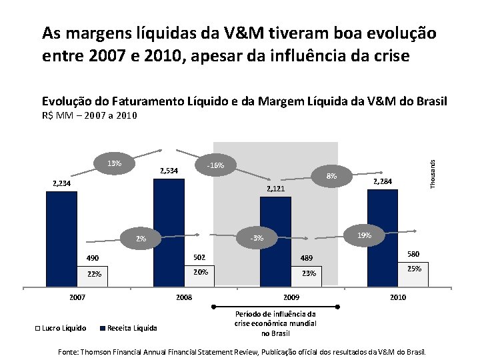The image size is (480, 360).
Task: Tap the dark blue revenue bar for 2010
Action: tap(383, 227)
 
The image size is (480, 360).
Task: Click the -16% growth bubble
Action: tap(215, 166)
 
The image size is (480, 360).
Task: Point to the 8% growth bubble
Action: tap(331, 176)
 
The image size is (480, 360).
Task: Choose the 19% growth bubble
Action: tap(364, 235)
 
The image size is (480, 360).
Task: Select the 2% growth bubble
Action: tap(141, 239)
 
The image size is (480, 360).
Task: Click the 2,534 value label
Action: tap(169, 171)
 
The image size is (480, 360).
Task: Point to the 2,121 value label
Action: tap(276, 189)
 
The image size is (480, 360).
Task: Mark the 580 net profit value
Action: tap(413, 254)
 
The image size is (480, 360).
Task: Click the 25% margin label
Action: tap(413, 269)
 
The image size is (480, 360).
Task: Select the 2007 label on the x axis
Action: tap(77, 297)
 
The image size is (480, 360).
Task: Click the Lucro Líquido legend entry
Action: tap(61, 327)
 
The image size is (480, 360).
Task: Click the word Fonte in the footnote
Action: tap(69, 351)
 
